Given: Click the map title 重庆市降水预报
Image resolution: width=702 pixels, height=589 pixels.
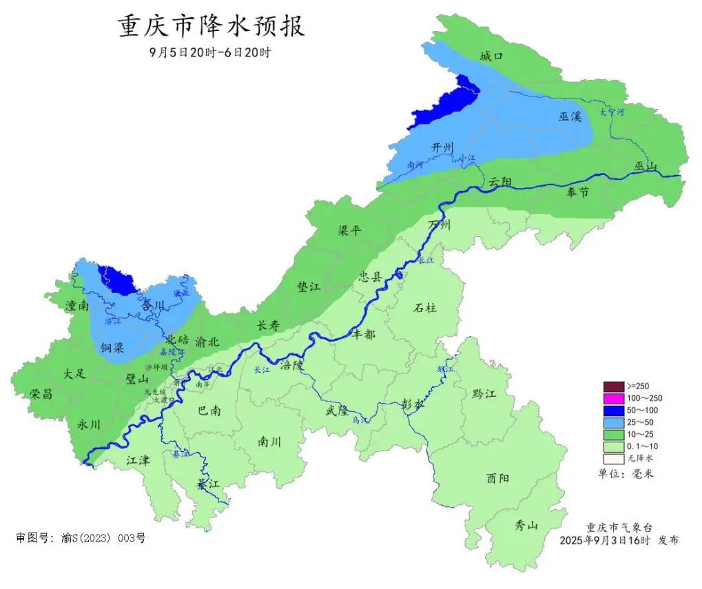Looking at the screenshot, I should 212,27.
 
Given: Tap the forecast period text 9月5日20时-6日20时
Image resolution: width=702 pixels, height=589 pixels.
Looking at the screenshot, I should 209,53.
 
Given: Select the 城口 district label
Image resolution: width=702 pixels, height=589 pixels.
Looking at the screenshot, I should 492,56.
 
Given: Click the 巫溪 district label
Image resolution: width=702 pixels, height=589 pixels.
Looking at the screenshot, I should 570,116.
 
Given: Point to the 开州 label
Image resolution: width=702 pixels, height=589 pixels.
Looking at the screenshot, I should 442,147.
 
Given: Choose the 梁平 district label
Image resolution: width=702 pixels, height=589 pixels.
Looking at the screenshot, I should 349,231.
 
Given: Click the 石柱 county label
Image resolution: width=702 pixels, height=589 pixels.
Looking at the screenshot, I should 425,308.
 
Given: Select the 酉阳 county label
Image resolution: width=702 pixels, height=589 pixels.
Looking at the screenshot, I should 498,478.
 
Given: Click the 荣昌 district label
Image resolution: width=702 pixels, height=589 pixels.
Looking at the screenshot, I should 41,393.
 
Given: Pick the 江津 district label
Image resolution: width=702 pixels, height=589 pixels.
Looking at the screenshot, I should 138,459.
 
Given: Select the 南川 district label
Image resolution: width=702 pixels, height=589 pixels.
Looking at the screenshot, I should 269,441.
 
